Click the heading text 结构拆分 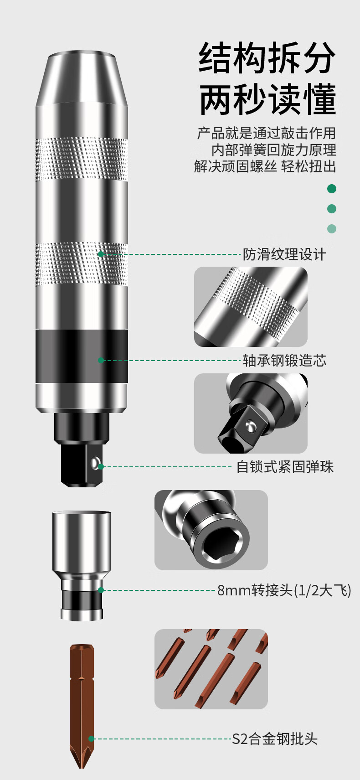(x=267, y=57)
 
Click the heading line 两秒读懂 (x=267, y=99)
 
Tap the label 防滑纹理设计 (x=284, y=254)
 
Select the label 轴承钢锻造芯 (x=284, y=361)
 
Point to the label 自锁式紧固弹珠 (x=285, y=467)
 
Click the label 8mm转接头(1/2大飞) (x=284, y=590)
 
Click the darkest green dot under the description (x=332, y=189)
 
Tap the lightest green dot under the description (x=332, y=229)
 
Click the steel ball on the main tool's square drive (x=95, y=462)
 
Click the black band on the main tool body (x=82, y=356)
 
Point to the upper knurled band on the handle (x=82, y=159)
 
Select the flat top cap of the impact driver (x=82, y=55)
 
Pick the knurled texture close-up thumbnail (x=251, y=307)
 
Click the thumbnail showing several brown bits (x=211, y=669)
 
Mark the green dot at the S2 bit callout (x=91, y=739)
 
